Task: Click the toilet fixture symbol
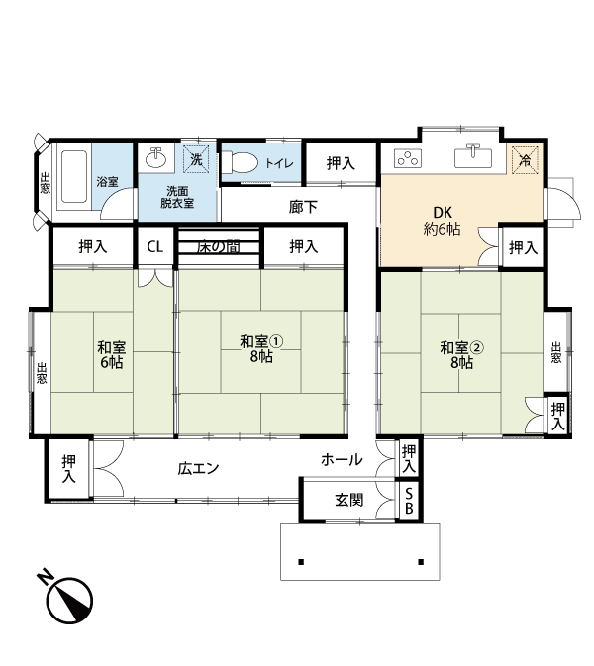pos(240,163)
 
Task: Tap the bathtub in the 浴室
pos(74,176)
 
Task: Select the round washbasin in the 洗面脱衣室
pos(156,157)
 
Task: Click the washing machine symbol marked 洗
pos(196,159)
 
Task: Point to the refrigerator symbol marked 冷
pos(525,160)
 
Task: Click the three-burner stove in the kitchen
pos(408,159)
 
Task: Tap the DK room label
pos(443,221)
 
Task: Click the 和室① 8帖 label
pos(261,348)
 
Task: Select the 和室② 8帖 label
pos(462,355)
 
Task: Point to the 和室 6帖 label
pos(112,354)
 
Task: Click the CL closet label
pos(155,246)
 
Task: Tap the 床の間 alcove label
pos(218,247)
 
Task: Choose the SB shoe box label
pos(409,501)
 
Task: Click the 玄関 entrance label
pos(349,500)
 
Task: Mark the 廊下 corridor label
pos(303,207)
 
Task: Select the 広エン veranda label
pos(198,468)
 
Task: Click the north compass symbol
pos(66,598)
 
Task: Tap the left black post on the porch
pos(301,562)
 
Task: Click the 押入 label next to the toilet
pos(341,163)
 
